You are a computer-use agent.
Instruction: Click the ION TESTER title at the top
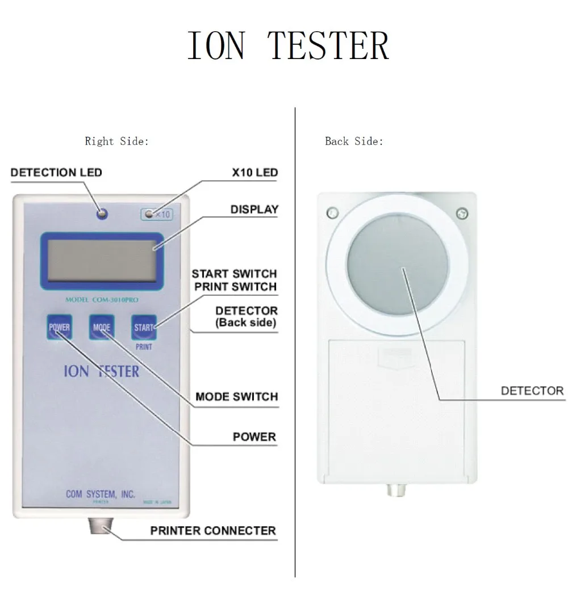288,46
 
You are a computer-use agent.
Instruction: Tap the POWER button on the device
59,327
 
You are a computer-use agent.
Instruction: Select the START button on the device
143,327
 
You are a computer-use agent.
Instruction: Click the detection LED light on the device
102,213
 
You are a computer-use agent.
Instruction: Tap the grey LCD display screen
102,259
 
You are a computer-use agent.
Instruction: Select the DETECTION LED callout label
56,172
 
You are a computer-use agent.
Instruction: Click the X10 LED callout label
255,172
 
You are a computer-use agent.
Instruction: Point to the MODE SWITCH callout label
236,396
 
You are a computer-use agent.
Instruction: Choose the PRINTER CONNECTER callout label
213,531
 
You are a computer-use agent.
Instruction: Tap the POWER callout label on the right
254,437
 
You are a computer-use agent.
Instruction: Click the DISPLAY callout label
254,209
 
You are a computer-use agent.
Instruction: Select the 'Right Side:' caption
116,141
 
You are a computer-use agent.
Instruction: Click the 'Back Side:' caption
354,141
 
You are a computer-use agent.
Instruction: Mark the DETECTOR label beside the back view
532,391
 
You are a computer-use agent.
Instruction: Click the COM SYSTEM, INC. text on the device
101,494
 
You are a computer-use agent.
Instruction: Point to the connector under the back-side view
396,489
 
